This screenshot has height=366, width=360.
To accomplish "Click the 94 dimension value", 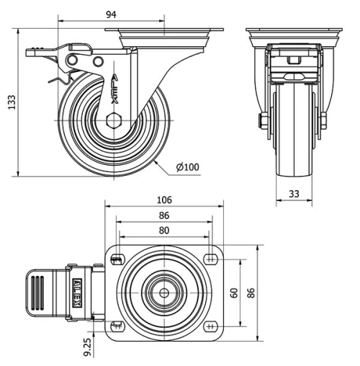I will click(111, 14).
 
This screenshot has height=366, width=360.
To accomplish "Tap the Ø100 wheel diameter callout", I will click(187, 168).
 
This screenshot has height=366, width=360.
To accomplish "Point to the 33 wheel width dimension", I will click(294, 194).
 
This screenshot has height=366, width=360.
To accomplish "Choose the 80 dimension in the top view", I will click(165, 230).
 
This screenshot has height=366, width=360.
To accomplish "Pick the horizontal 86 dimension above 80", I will click(164, 215).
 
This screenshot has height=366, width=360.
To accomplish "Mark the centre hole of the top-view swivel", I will click(164, 293).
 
